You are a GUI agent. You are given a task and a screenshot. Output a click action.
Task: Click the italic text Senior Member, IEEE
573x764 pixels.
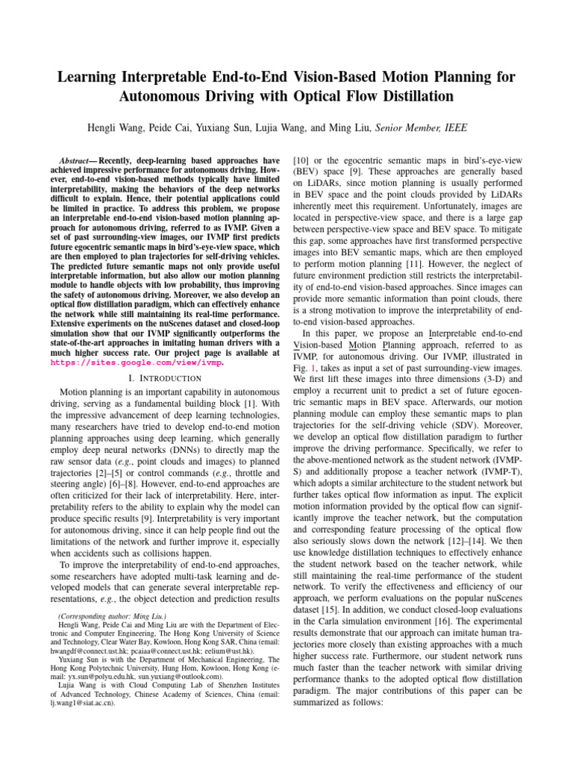tap(422, 128)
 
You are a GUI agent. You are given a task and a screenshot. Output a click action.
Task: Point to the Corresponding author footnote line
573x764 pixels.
tap(112, 618)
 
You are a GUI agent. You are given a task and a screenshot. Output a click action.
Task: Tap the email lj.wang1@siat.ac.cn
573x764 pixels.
tap(83, 703)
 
